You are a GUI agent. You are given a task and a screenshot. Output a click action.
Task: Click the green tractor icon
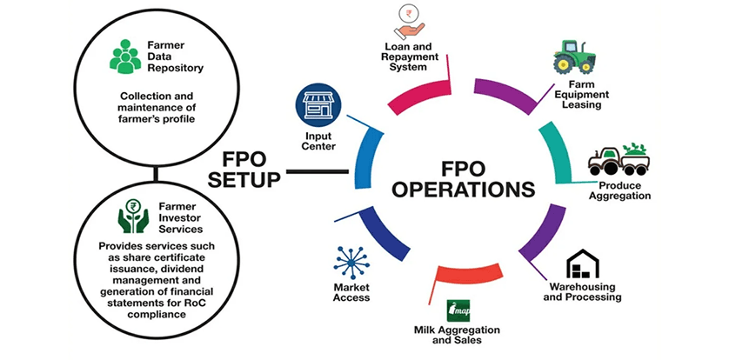pyautogui.click(x=573, y=57)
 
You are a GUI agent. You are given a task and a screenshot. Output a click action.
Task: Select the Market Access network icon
pyautogui.click(x=351, y=263)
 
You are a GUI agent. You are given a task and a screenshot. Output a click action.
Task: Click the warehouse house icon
pyautogui.click(x=583, y=263)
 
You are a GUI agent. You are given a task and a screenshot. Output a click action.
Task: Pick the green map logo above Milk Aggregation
pyautogui.click(x=458, y=310)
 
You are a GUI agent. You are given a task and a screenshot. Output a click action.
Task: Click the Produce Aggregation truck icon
pyautogui.click(x=619, y=159)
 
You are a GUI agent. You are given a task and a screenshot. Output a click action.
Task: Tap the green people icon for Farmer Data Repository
pyautogui.click(x=125, y=57)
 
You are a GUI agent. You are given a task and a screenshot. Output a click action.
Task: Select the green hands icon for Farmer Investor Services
pyautogui.click(x=133, y=215)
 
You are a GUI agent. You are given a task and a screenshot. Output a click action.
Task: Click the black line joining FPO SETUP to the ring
pyautogui.click(x=317, y=171)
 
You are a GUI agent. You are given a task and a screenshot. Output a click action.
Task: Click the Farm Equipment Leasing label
pyautogui.click(x=588, y=95)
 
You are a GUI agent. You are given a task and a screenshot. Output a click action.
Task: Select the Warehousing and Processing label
pyautogui.click(x=582, y=291)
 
